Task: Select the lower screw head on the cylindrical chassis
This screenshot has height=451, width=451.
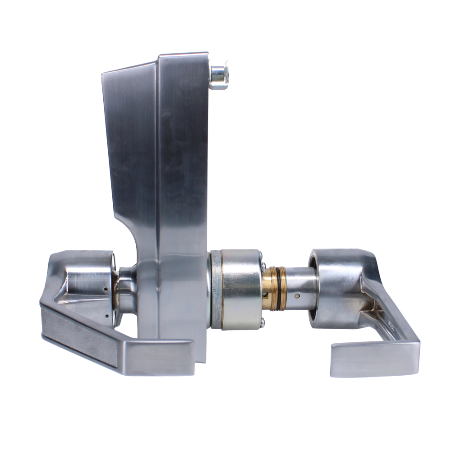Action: [x=263, y=321]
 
